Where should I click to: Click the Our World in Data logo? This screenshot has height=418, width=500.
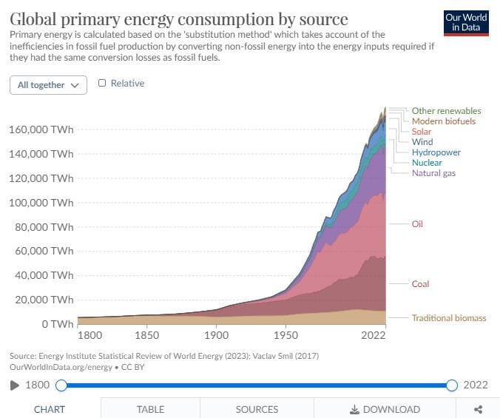click(x=466, y=22)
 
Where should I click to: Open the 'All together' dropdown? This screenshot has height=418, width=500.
click(x=48, y=85)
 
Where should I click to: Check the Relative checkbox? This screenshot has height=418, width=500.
click(x=102, y=84)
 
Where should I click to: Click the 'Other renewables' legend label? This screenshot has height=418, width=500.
click(x=446, y=111)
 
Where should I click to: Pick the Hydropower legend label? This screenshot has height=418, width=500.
click(x=436, y=152)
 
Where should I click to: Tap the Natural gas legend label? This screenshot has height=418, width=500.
click(x=433, y=173)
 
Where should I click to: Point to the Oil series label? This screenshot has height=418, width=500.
click(x=417, y=223)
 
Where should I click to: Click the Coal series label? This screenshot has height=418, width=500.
click(x=420, y=284)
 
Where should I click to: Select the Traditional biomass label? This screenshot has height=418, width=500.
click(x=449, y=318)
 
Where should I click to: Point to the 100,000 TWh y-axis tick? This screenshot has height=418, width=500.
click(x=41, y=203)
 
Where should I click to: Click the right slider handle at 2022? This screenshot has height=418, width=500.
click(x=452, y=385)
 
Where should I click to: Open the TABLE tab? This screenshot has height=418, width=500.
click(x=150, y=409)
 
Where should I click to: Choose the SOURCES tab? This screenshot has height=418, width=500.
click(x=257, y=409)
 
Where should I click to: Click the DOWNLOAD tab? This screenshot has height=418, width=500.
click(x=385, y=409)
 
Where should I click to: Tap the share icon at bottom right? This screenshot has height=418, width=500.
click(x=478, y=409)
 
